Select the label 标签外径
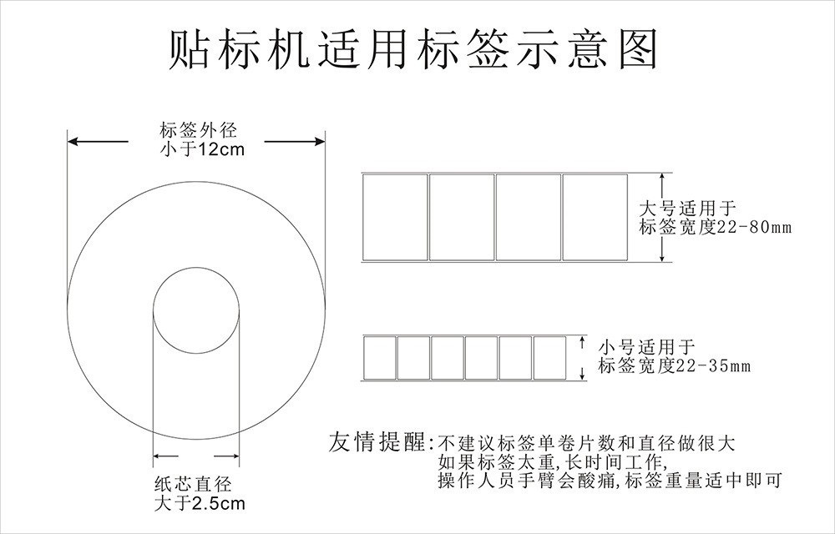tap(194, 130)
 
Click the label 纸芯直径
tap(193, 484)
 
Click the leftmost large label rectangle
tap(395, 217)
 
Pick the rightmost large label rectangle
tap(595, 217)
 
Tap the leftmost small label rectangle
tap(380, 357)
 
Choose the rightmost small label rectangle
tap(549, 357)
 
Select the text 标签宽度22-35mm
tap(675, 365)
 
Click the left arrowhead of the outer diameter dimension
tap(73, 142)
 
